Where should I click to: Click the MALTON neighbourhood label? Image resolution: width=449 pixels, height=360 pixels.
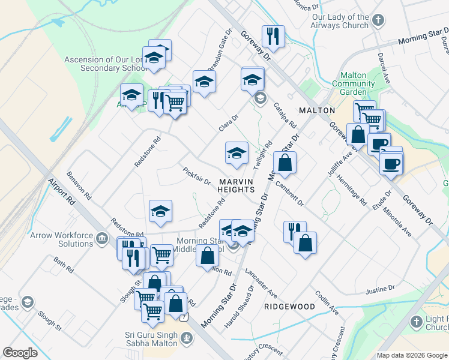coord(316,110)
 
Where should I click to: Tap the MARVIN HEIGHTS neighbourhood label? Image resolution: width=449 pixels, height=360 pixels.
coord(236,185)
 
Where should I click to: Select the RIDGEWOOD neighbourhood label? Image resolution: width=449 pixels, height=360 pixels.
coord(289,307)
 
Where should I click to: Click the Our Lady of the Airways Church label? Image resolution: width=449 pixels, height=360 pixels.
coord(340,22)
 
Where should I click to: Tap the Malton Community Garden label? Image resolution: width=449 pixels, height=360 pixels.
coord(353,84)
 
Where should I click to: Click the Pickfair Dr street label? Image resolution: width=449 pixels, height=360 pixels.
coord(197,176)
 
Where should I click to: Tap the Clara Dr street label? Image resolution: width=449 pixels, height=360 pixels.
coord(229,124)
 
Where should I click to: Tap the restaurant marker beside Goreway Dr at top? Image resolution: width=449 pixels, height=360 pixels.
coord(273,37)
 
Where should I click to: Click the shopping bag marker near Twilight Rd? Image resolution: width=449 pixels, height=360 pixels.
coord(285,163)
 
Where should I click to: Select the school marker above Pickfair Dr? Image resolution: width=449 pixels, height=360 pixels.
coord(237,154)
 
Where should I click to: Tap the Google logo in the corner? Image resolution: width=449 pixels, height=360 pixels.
coord(20,353)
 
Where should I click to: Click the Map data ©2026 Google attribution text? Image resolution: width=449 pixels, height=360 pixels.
coord(411,355)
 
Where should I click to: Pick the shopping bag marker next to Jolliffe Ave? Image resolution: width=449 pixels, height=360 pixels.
coord(358,134)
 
